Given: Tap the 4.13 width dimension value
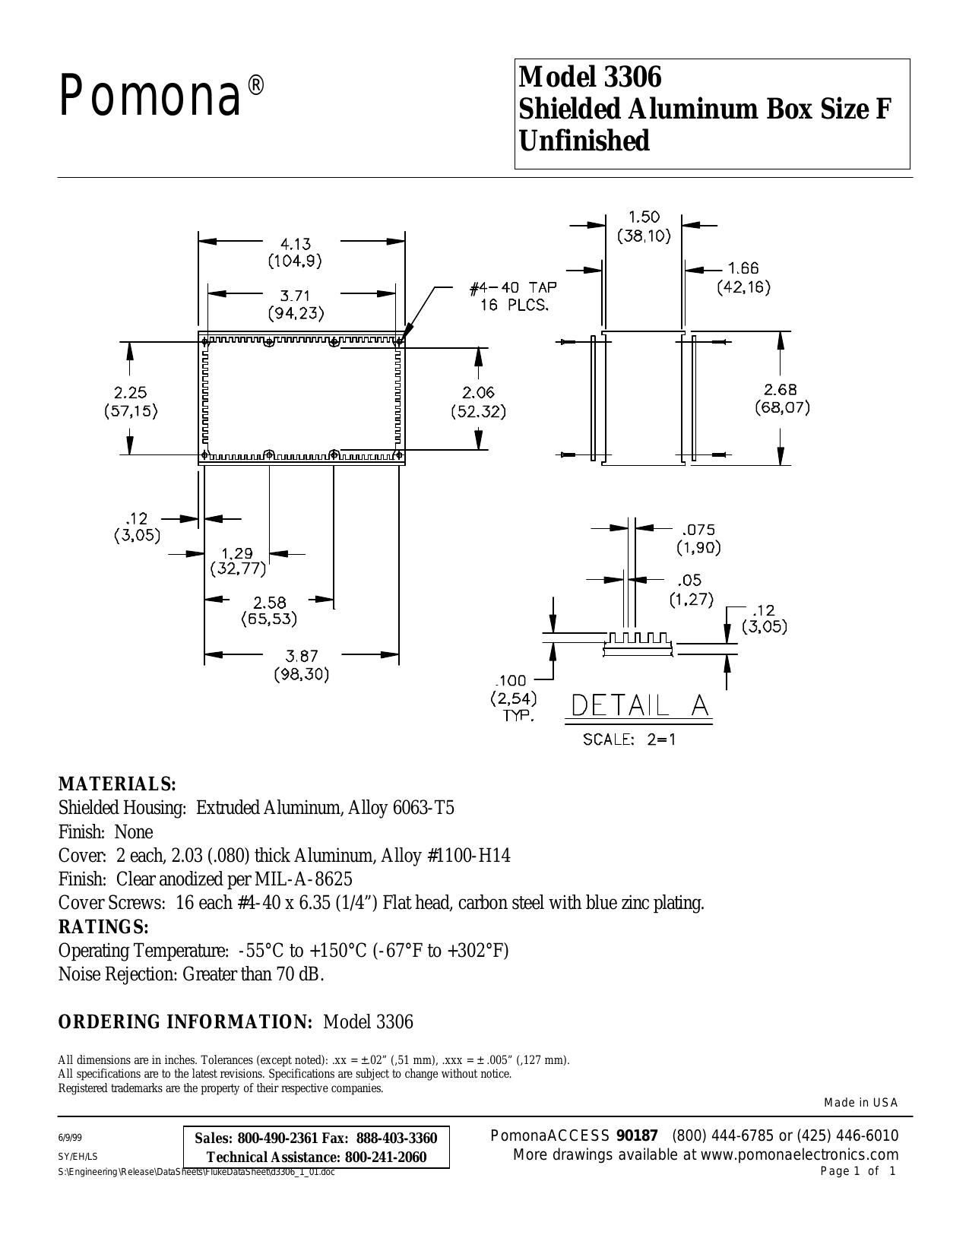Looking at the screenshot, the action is pyautogui.click(x=296, y=243).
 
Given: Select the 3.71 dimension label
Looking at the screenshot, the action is pyautogui.click(x=296, y=296).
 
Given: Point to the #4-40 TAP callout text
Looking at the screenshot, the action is pyautogui.click(x=515, y=287).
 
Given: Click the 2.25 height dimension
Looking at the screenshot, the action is pyautogui.click(x=131, y=393).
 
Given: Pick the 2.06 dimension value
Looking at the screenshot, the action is pyautogui.click(x=479, y=393).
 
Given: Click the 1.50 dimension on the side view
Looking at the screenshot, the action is pyautogui.click(x=644, y=217).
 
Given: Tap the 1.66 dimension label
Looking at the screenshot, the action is pyautogui.click(x=743, y=268).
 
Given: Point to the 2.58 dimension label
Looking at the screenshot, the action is pyautogui.click(x=269, y=603).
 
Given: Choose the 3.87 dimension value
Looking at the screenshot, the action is pyautogui.click(x=301, y=656).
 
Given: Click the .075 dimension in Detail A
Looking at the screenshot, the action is pyautogui.click(x=698, y=529).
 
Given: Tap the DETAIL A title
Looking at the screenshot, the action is pyautogui.click(x=640, y=706).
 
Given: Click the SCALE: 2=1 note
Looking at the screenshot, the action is pyautogui.click(x=629, y=739).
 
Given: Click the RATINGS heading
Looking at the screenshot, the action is pyautogui.click(x=104, y=926).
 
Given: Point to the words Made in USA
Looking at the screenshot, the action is pyautogui.click(x=861, y=1103).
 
